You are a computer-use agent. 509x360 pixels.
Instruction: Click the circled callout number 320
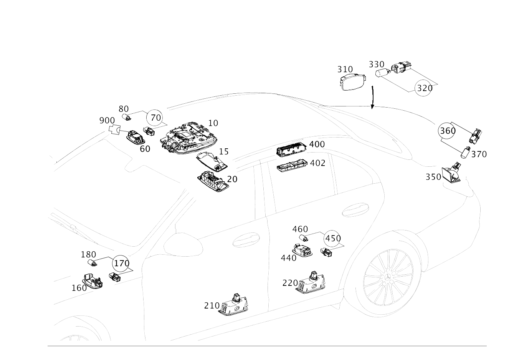(x=423, y=88)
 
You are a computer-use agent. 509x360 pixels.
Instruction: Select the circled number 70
(x=155, y=118)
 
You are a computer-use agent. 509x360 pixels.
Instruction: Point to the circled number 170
(x=121, y=263)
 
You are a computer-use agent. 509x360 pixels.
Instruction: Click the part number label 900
(x=107, y=121)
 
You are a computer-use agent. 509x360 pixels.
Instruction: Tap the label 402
(x=317, y=163)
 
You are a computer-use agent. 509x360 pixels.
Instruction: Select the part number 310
(x=345, y=69)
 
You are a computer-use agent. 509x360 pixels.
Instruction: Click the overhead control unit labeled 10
(x=188, y=138)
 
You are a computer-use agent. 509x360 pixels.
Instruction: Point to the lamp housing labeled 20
(x=213, y=181)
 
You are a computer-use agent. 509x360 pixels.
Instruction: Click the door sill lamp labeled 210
(x=234, y=305)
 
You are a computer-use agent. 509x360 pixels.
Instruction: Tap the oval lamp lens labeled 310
(x=353, y=82)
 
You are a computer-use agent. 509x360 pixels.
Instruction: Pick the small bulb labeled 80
(x=127, y=117)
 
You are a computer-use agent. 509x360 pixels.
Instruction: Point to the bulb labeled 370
(x=465, y=153)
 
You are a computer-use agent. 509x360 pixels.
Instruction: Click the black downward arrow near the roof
(x=372, y=97)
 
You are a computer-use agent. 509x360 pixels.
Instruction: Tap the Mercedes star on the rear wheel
(x=388, y=278)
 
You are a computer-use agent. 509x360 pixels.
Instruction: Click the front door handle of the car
(x=246, y=239)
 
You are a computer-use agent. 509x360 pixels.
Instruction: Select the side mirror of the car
(x=183, y=244)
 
